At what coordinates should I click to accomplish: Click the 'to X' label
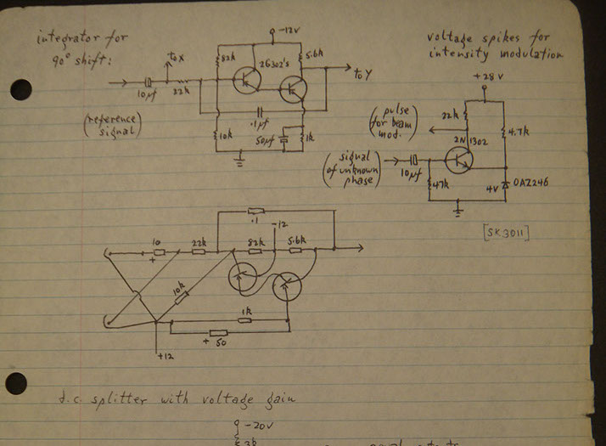click(175, 58)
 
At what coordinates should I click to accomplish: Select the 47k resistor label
click(440, 184)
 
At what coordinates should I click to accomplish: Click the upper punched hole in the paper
click(20, 89)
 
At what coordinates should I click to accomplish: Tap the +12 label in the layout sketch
click(164, 356)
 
